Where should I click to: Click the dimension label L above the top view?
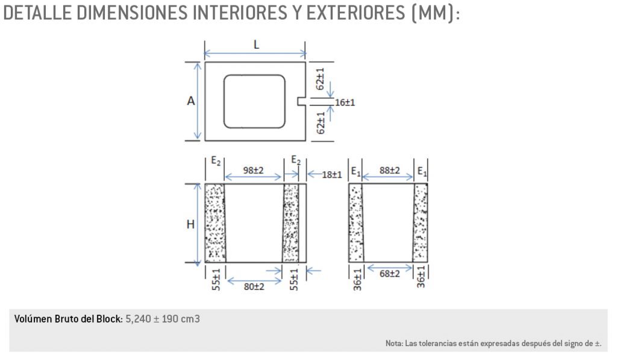coord(256,45)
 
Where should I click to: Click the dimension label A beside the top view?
coord(190,102)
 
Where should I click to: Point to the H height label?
coord(190,224)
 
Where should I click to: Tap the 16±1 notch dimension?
coord(345,103)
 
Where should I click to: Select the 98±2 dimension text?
coord(253,171)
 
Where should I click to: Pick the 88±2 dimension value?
coord(389,171)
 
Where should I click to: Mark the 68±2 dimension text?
coord(389,274)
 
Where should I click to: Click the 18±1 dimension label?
coord(331,174)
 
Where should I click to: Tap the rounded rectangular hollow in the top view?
coord(254,101)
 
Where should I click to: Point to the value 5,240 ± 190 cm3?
coord(163,318)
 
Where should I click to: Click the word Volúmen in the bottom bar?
coord(33,318)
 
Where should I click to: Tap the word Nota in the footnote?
coord(395,344)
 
